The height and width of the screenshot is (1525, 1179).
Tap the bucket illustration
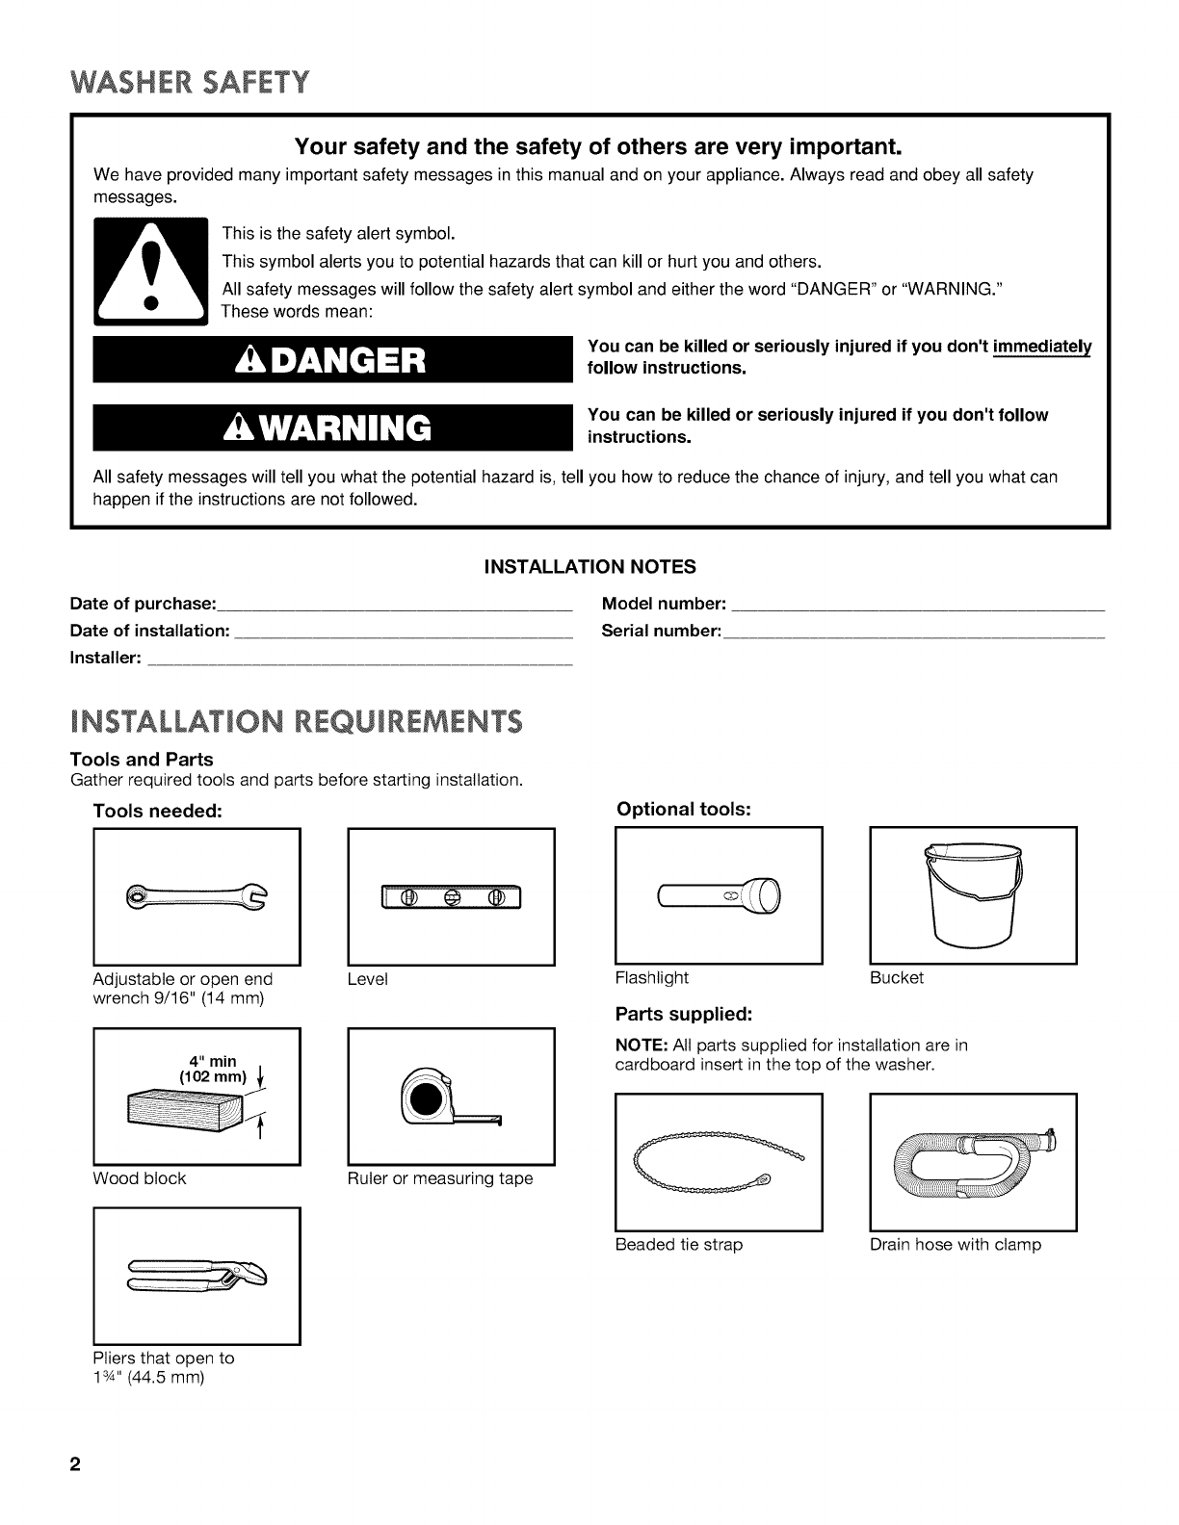[x=972, y=893]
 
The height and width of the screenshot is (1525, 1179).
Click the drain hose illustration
[x=973, y=1162]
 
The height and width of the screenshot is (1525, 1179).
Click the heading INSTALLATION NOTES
[x=589, y=566]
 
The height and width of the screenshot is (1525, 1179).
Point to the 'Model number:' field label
[x=664, y=605]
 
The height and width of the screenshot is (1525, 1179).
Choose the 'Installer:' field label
[x=106, y=659]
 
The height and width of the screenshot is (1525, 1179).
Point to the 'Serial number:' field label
[x=661, y=632]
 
